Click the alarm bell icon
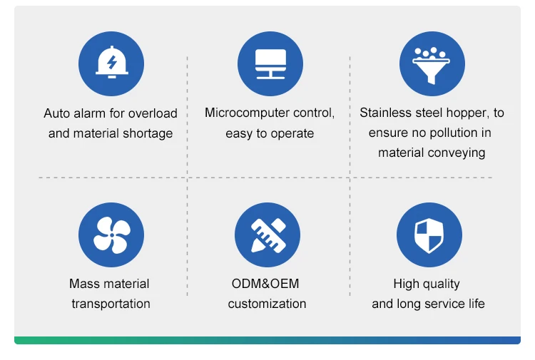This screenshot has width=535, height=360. [x=111, y=63]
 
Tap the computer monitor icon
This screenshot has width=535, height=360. [x=270, y=63]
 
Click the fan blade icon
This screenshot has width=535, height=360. [x=111, y=235]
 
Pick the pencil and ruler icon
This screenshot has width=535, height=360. [x=267, y=235]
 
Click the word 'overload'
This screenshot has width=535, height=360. [x=152, y=113]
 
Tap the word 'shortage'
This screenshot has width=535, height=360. [x=148, y=133]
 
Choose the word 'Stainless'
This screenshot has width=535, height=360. [x=385, y=113]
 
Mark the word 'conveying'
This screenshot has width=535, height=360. [x=458, y=153]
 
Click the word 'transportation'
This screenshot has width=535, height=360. [x=111, y=304]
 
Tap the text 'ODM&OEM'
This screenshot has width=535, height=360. [x=265, y=284]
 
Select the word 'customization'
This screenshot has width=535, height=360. [x=267, y=304]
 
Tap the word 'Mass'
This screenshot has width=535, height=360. [x=84, y=284]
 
